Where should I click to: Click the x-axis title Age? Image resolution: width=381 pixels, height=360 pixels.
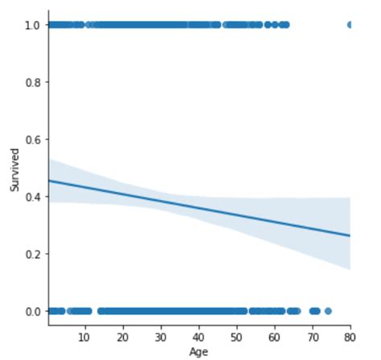198,351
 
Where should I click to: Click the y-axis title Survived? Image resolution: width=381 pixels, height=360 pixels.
14,168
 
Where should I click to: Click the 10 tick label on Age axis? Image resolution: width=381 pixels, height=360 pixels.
84,336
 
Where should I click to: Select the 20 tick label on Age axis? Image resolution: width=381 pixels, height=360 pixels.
122,336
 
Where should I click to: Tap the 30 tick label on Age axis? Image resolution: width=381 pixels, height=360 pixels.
161,336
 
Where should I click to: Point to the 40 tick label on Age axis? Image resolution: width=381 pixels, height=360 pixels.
199,336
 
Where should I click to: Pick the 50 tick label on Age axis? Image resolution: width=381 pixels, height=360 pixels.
236,336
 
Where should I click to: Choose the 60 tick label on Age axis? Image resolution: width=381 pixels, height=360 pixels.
274,336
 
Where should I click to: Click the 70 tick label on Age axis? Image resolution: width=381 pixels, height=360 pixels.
313,336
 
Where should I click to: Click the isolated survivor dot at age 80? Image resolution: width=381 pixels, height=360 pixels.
350,25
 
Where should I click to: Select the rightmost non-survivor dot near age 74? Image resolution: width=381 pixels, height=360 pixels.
327,311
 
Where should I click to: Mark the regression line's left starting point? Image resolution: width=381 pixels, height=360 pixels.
50,181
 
